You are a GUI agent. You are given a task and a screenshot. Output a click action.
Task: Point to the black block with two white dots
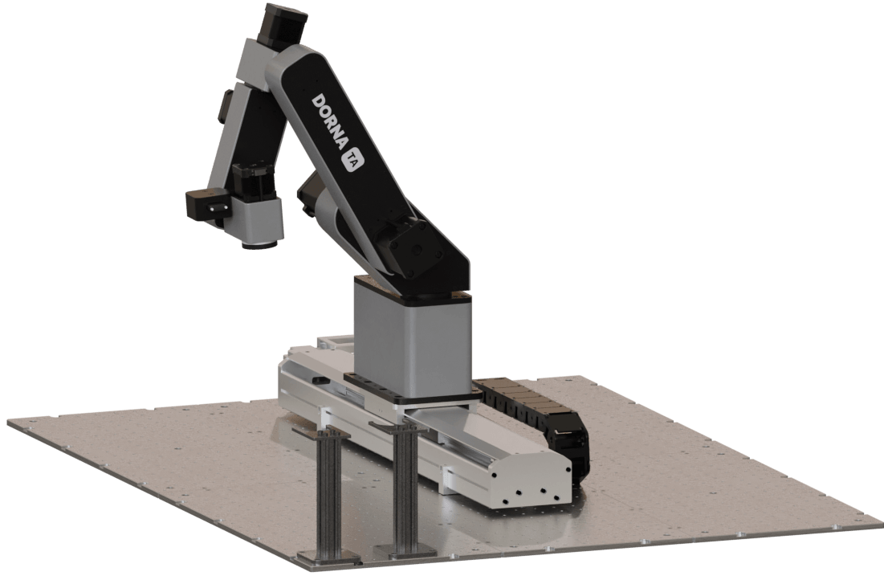click(x=208, y=206)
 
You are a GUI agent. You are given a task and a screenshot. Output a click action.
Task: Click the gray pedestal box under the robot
click(x=412, y=339)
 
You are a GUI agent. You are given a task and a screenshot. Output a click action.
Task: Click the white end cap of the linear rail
click(x=529, y=480)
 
